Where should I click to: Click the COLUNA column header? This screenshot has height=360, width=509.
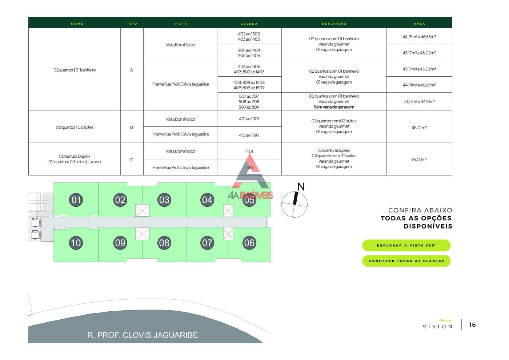(x=249, y=24)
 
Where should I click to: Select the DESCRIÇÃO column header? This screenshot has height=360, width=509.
(x=334, y=24)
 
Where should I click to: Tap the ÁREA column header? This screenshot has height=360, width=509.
(x=419, y=24)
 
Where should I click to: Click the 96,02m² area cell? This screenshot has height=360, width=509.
(x=419, y=159)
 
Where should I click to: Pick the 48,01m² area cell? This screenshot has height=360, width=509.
(x=419, y=128)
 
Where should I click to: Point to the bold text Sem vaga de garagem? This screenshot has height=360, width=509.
(x=334, y=107)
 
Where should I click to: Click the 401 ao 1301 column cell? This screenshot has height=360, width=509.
(x=249, y=119)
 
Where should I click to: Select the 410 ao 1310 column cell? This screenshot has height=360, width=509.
(x=249, y=135)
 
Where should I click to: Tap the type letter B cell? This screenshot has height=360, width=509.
(x=132, y=128)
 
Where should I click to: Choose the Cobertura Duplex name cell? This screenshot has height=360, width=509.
(x=75, y=159)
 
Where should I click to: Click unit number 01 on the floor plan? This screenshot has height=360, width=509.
(x=76, y=200)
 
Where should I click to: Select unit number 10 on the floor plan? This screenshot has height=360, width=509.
(x=76, y=243)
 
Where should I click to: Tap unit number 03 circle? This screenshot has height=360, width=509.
(x=164, y=200)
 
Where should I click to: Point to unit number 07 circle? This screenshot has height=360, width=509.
(x=207, y=243)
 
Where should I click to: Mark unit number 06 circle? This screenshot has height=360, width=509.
(x=249, y=243)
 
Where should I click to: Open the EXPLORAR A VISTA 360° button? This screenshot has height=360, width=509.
(x=406, y=246)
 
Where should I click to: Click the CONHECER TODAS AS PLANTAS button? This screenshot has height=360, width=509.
(x=406, y=261)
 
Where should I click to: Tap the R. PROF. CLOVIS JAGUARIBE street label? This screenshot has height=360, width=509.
(x=143, y=335)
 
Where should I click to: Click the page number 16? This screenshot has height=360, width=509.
(x=472, y=325)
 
